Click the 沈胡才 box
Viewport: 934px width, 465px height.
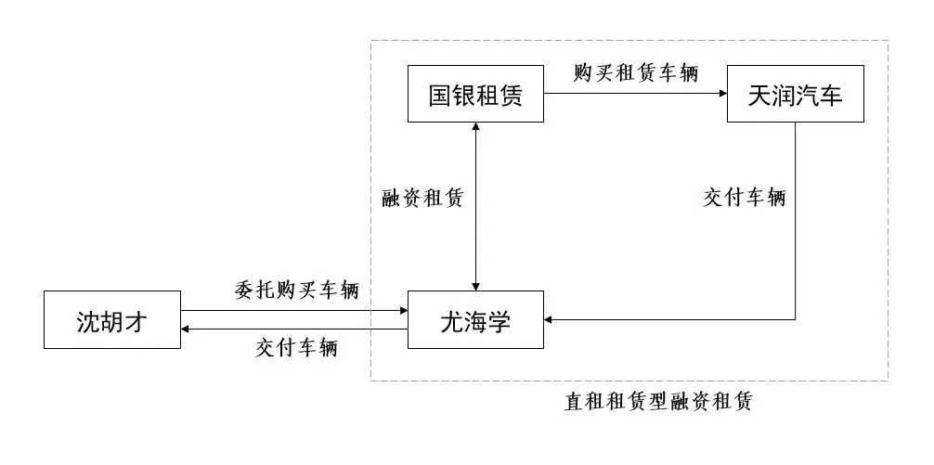(112, 320)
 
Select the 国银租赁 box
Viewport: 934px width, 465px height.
(475, 94)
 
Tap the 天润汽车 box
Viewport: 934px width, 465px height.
(796, 94)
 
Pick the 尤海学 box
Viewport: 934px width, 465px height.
(475, 320)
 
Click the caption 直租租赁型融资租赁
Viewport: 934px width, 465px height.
(658, 402)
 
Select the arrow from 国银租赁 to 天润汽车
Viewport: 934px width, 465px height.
(635, 93)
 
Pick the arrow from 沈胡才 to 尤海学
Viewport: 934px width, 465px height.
(294, 312)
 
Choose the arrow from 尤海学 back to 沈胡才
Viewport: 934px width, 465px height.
(294, 329)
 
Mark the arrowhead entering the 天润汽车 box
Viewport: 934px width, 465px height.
(721, 93)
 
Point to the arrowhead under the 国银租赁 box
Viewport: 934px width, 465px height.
(476, 128)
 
